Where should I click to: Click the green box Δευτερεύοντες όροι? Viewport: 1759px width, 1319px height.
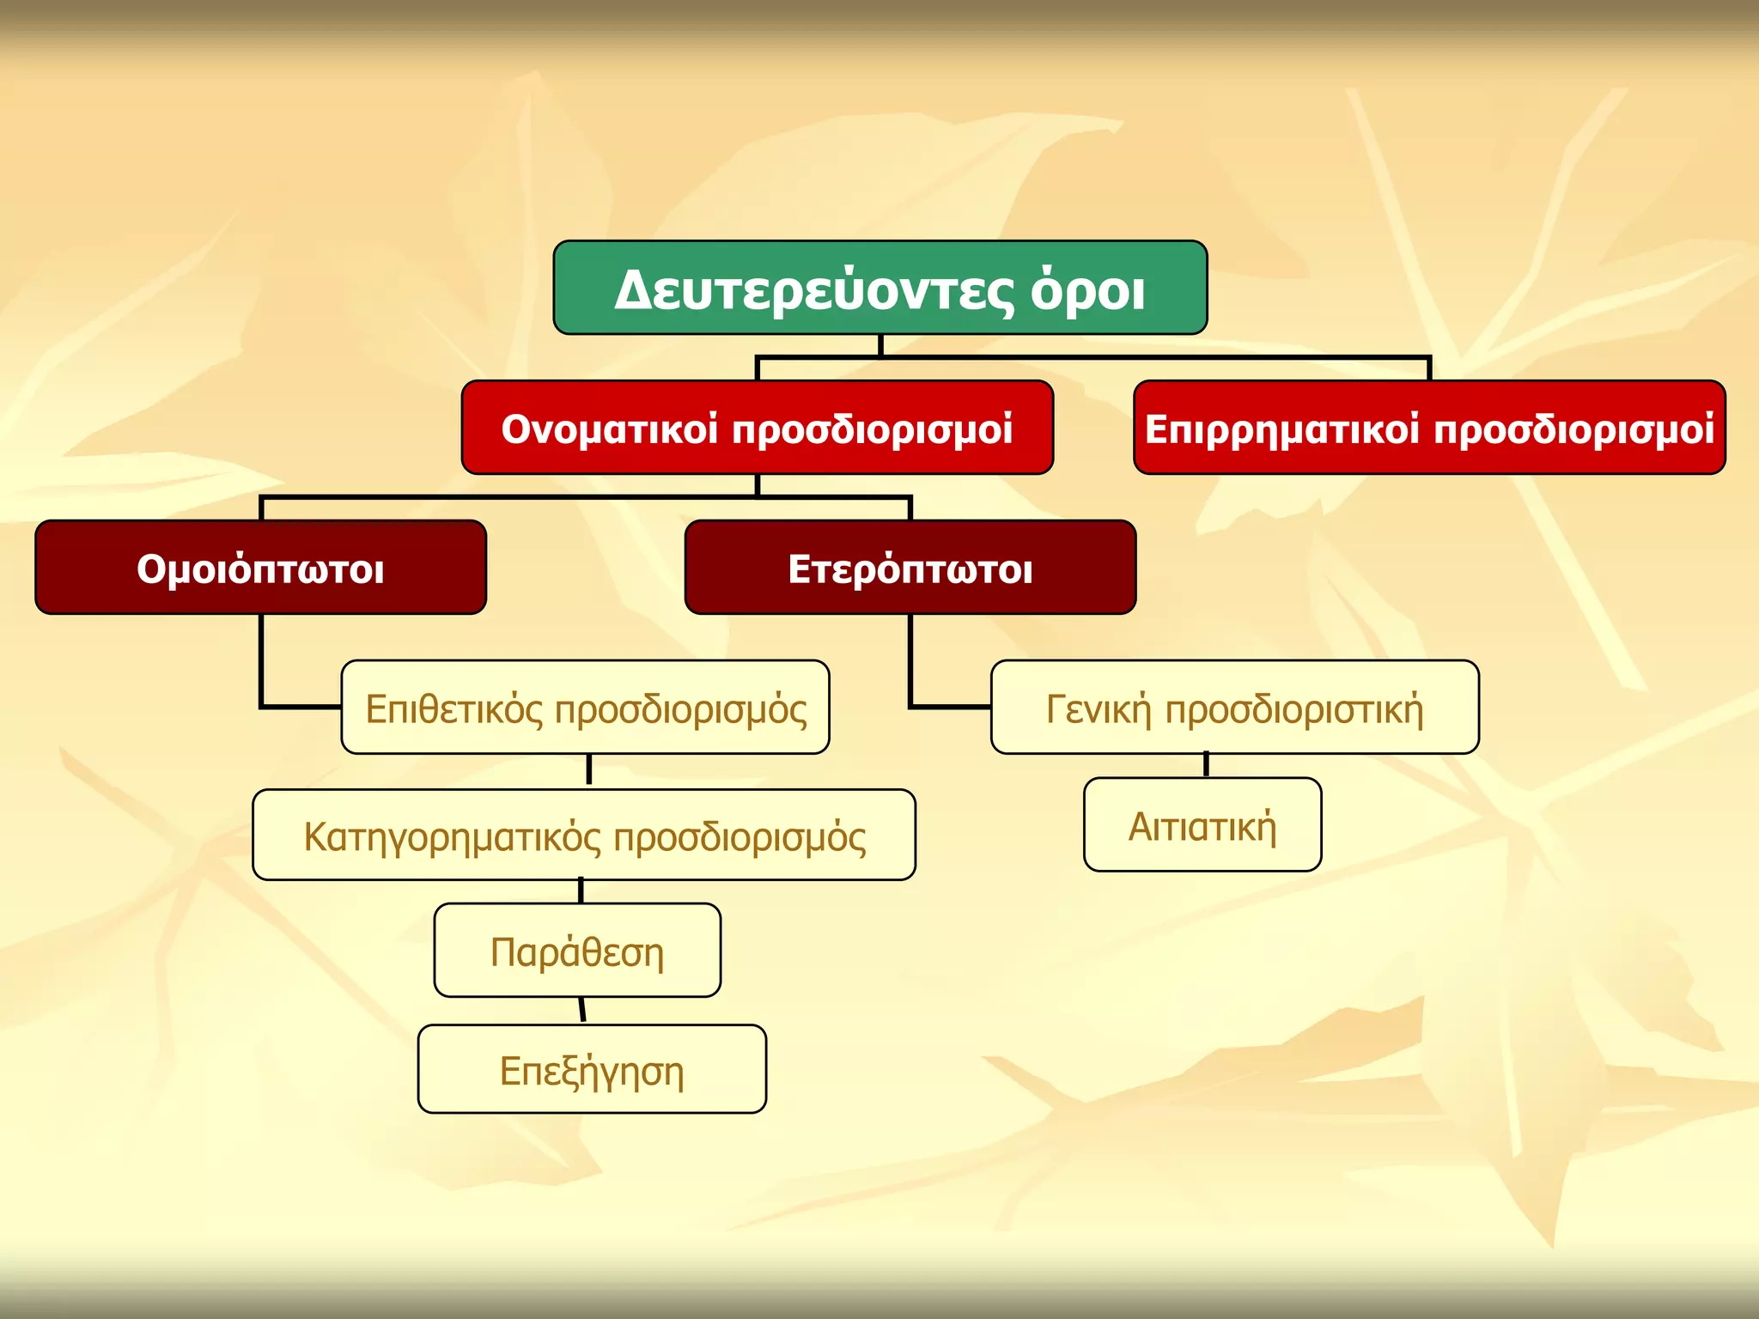pyautogui.click(x=880, y=288)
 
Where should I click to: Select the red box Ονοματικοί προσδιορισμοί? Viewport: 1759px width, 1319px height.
pyautogui.click(x=757, y=428)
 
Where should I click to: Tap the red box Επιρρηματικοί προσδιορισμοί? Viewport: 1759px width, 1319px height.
pyautogui.click(x=1429, y=428)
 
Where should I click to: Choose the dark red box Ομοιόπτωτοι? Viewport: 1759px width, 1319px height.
pyautogui.click(x=260, y=568)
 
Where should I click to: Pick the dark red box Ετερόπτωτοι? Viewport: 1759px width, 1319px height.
pyautogui.click(x=910, y=568)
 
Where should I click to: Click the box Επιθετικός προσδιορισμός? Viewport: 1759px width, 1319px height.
pyautogui.click(x=585, y=708)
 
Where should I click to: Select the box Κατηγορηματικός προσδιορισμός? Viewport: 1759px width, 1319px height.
pyautogui.click(x=584, y=835)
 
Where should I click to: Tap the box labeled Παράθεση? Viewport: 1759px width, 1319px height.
pyautogui.click(x=577, y=951)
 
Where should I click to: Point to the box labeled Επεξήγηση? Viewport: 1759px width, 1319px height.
pyautogui.click(x=592, y=1069)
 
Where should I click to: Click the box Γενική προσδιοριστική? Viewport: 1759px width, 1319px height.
pyautogui.click(x=1234, y=708)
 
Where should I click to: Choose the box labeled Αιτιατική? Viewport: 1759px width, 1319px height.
pyautogui.click(x=1202, y=825)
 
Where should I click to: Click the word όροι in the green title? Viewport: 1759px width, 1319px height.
pyautogui.click(x=1087, y=290)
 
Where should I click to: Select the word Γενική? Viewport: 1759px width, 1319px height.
pyautogui.click(x=1099, y=709)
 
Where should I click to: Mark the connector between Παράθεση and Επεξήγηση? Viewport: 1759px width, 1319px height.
pyautogui.click(x=582, y=1011)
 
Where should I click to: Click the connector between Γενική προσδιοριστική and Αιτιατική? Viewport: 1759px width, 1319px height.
pyautogui.click(x=1206, y=765)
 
